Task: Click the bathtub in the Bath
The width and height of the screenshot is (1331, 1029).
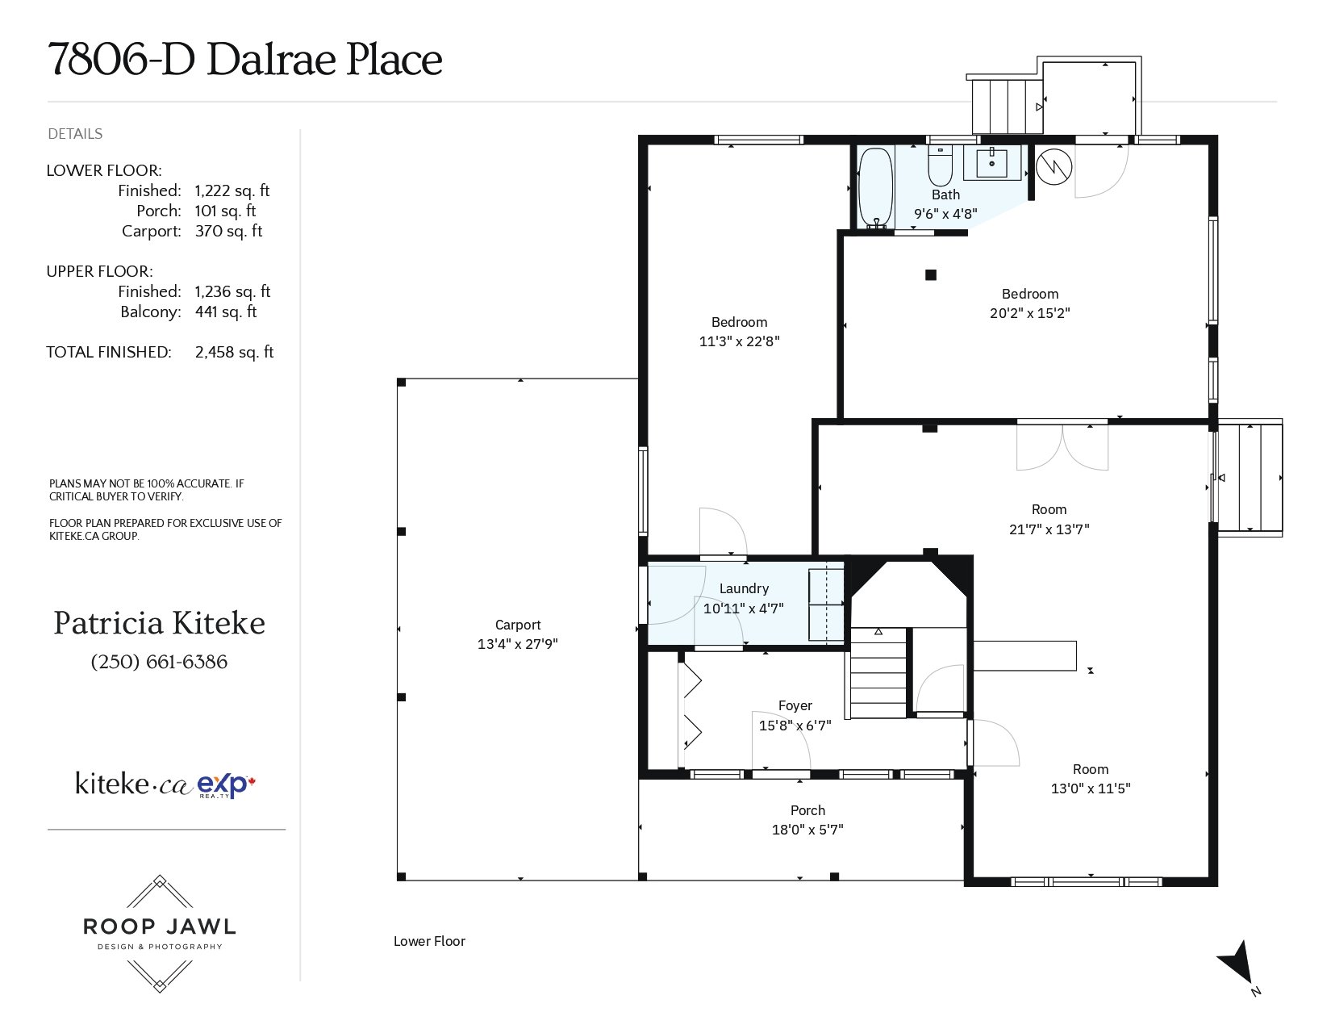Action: (875, 187)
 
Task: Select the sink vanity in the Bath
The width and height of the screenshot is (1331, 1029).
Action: (991, 162)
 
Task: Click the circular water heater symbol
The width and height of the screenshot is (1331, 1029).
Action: (1054, 166)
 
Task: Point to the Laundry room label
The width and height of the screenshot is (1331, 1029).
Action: (744, 588)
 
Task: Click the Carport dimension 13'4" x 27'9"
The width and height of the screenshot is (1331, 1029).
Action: (518, 643)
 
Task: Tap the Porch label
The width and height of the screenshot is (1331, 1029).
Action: (807, 810)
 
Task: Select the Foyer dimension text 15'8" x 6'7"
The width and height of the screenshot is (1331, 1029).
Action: (795, 725)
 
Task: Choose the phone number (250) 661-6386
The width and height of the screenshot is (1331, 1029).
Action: (159, 662)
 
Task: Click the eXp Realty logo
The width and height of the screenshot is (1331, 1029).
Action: (226, 785)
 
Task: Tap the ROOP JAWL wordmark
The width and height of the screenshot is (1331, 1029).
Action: (159, 926)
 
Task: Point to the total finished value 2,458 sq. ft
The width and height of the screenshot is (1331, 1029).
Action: (234, 353)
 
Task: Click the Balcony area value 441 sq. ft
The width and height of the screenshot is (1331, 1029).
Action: (225, 312)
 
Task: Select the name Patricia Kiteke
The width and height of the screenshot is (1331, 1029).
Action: (159, 623)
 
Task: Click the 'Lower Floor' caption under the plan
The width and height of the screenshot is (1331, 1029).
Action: (429, 941)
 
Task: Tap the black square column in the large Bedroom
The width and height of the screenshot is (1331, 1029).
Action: (930, 275)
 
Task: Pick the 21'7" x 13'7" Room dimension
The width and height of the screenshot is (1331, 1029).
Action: (1049, 529)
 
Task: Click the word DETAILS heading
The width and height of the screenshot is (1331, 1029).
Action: (75, 134)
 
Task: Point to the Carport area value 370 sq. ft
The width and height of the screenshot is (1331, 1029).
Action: (228, 231)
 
